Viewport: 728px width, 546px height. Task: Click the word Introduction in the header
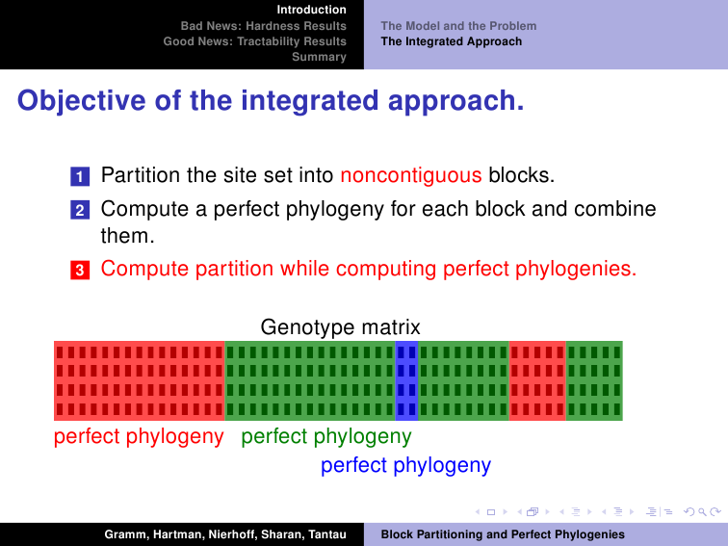pyautogui.click(x=312, y=10)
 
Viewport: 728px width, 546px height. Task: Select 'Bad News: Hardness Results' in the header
pyautogui.click(x=263, y=26)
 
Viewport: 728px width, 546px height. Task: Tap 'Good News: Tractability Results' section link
pyautogui.click(x=254, y=41)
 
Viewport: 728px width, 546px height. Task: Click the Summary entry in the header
pyautogui.click(x=319, y=57)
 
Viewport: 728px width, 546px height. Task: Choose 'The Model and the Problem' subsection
pyautogui.click(x=458, y=26)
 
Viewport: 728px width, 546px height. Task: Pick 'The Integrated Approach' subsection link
pyautogui.click(x=452, y=41)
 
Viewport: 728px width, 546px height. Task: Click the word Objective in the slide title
pyautogui.click(x=82, y=101)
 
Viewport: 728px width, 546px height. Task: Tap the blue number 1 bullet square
pyautogui.click(x=80, y=176)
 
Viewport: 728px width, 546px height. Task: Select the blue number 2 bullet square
pyautogui.click(x=80, y=210)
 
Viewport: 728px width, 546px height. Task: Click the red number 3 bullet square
pyautogui.click(x=80, y=270)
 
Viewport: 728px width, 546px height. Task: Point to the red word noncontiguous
pyautogui.click(x=411, y=175)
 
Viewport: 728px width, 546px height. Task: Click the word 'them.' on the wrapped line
pyautogui.click(x=128, y=235)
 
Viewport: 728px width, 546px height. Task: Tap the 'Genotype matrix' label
pyautogui.click(x=340, y=327)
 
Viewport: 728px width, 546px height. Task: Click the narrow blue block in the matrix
pyautogui.click(x=406, y=380)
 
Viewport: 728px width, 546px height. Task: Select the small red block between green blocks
pyautogui.click(x=537, y=380)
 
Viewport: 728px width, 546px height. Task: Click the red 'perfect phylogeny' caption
pyautogui.click(x=139, y=437)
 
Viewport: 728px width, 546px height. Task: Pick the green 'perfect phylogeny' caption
pyautogui.click(x=326, y=437)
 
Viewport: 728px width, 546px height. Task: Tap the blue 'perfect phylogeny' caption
pyautogui.click(x=405, y=465)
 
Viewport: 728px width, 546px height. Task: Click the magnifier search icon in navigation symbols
pyautogui.click(x=702, y=512)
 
